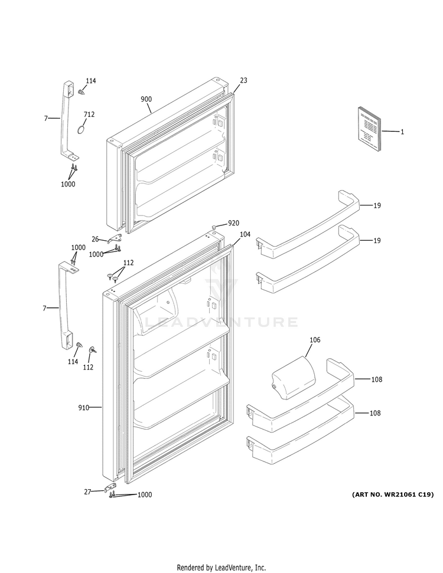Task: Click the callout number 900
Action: click(146, 99)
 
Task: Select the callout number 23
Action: click(243, 80)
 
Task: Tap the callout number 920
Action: click(234, 224)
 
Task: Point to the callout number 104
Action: click(245, 234)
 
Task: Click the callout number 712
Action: click(89, 114)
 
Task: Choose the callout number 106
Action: click(315, 340)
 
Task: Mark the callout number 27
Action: click(87, 491)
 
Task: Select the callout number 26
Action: click(95, 239)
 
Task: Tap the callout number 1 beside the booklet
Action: click(402, 132)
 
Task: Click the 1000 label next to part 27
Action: click(145, 495)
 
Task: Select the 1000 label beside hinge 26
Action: click(96, 254)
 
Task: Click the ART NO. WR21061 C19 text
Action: click(393, 495)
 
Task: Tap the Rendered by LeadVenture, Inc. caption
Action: click(221, 567)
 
